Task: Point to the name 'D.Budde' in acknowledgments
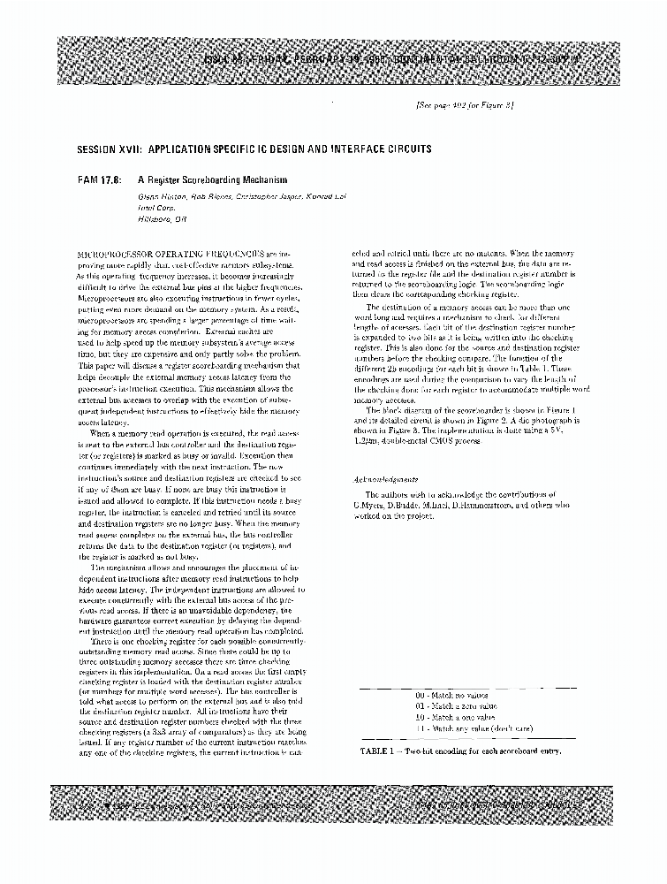click(398, 506)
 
